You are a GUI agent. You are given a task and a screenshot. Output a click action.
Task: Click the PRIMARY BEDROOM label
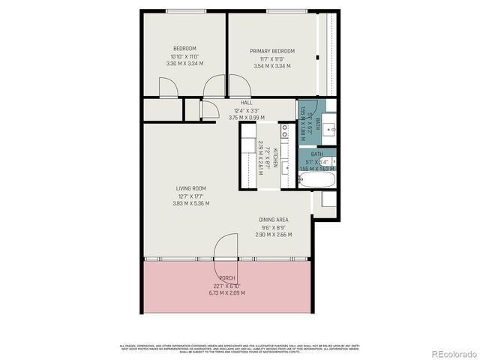coord(271,51)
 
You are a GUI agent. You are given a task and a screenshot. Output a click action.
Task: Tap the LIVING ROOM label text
coord(190,188)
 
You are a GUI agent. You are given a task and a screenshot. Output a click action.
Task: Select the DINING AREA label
coord(273,220)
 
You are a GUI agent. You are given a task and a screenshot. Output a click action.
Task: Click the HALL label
coord(246,103)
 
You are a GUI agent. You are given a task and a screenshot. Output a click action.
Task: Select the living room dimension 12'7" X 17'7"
coord(190,196)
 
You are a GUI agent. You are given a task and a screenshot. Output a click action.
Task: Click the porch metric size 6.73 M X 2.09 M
coord(226,292)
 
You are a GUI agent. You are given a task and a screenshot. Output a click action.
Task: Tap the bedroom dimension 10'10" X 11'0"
coord(184,56)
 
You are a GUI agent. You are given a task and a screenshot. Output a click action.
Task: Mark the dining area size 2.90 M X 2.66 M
coord(273,235)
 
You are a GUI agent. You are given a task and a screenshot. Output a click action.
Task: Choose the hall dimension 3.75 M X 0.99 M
coord(246,117)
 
